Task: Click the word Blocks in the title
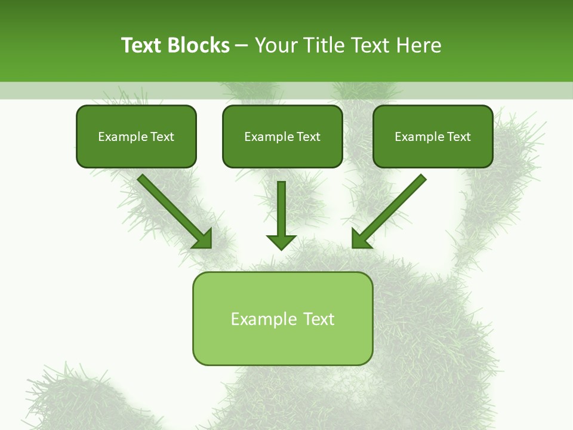pyautogui.click(x=198, y=45)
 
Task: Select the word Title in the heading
pyautogui.click(x=324, y=45)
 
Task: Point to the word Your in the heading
pyautogui.click(x=275, y=45)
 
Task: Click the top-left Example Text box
pyautogui.click(x=136, y=137)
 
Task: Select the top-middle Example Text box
pyautogui.click(x=282, y=137)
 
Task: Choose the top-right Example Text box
pyautogui.click(x=433, y=137)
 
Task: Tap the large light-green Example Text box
pyautogui.click(x=282, y=319)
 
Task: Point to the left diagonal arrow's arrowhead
pyautogui.click(x=203, y=238)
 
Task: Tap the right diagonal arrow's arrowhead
pyautogui.click(x=361, y=238)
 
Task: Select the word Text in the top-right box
pyautogui.click(x=458, y=137)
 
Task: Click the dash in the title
pyautogui.click(x=242, y=45)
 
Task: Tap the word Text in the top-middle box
pyautogui.click(x=308, y=137)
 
